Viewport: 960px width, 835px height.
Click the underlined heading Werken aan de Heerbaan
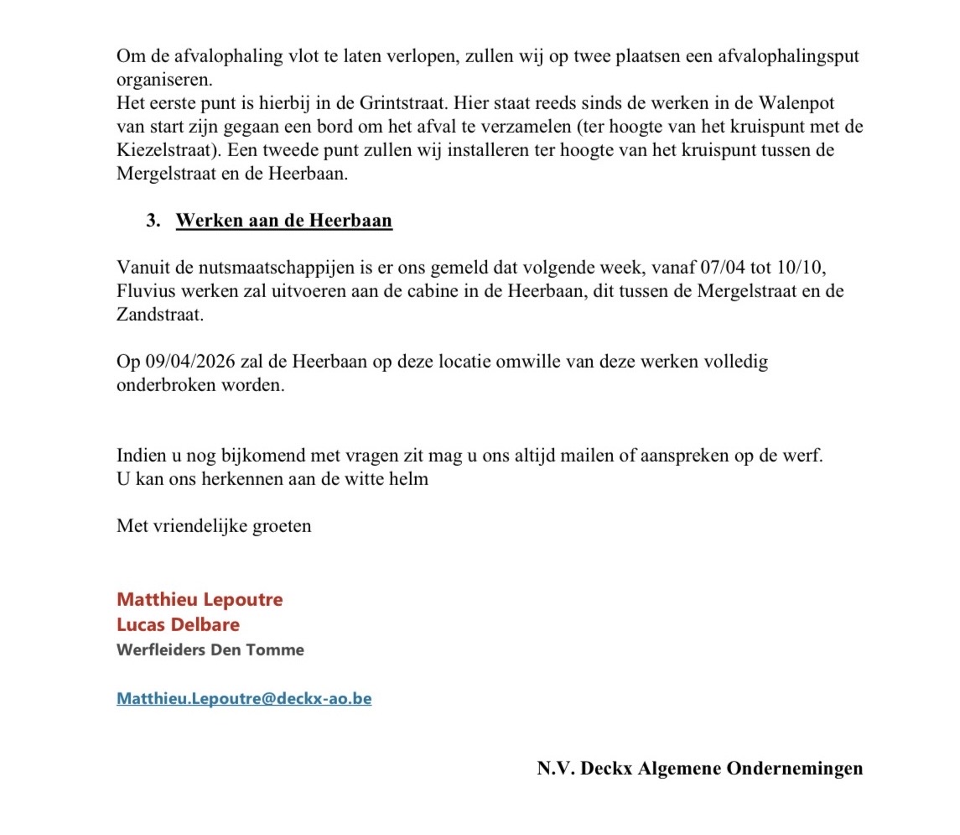[283, 222]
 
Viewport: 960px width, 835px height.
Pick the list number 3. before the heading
[153, 222]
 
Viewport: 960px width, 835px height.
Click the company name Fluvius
[146, 291]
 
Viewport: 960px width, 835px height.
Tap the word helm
[411, 479]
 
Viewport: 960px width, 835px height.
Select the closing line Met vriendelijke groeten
[214, 526]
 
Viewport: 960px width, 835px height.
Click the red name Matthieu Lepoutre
[200, 599]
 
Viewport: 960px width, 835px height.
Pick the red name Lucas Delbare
[178, 624]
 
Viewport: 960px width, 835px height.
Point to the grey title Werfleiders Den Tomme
[210, 650]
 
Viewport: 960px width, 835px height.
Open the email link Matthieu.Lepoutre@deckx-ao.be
[244, 698]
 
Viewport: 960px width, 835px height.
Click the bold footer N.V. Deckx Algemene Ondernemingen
[699, 769]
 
